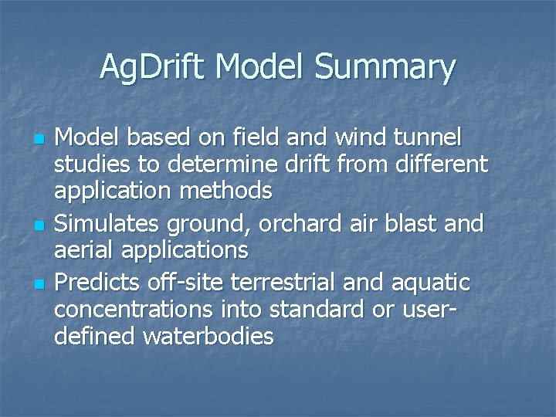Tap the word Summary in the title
385,67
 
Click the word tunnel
428,139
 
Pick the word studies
91,164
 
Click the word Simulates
104,224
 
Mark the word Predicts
97,283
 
